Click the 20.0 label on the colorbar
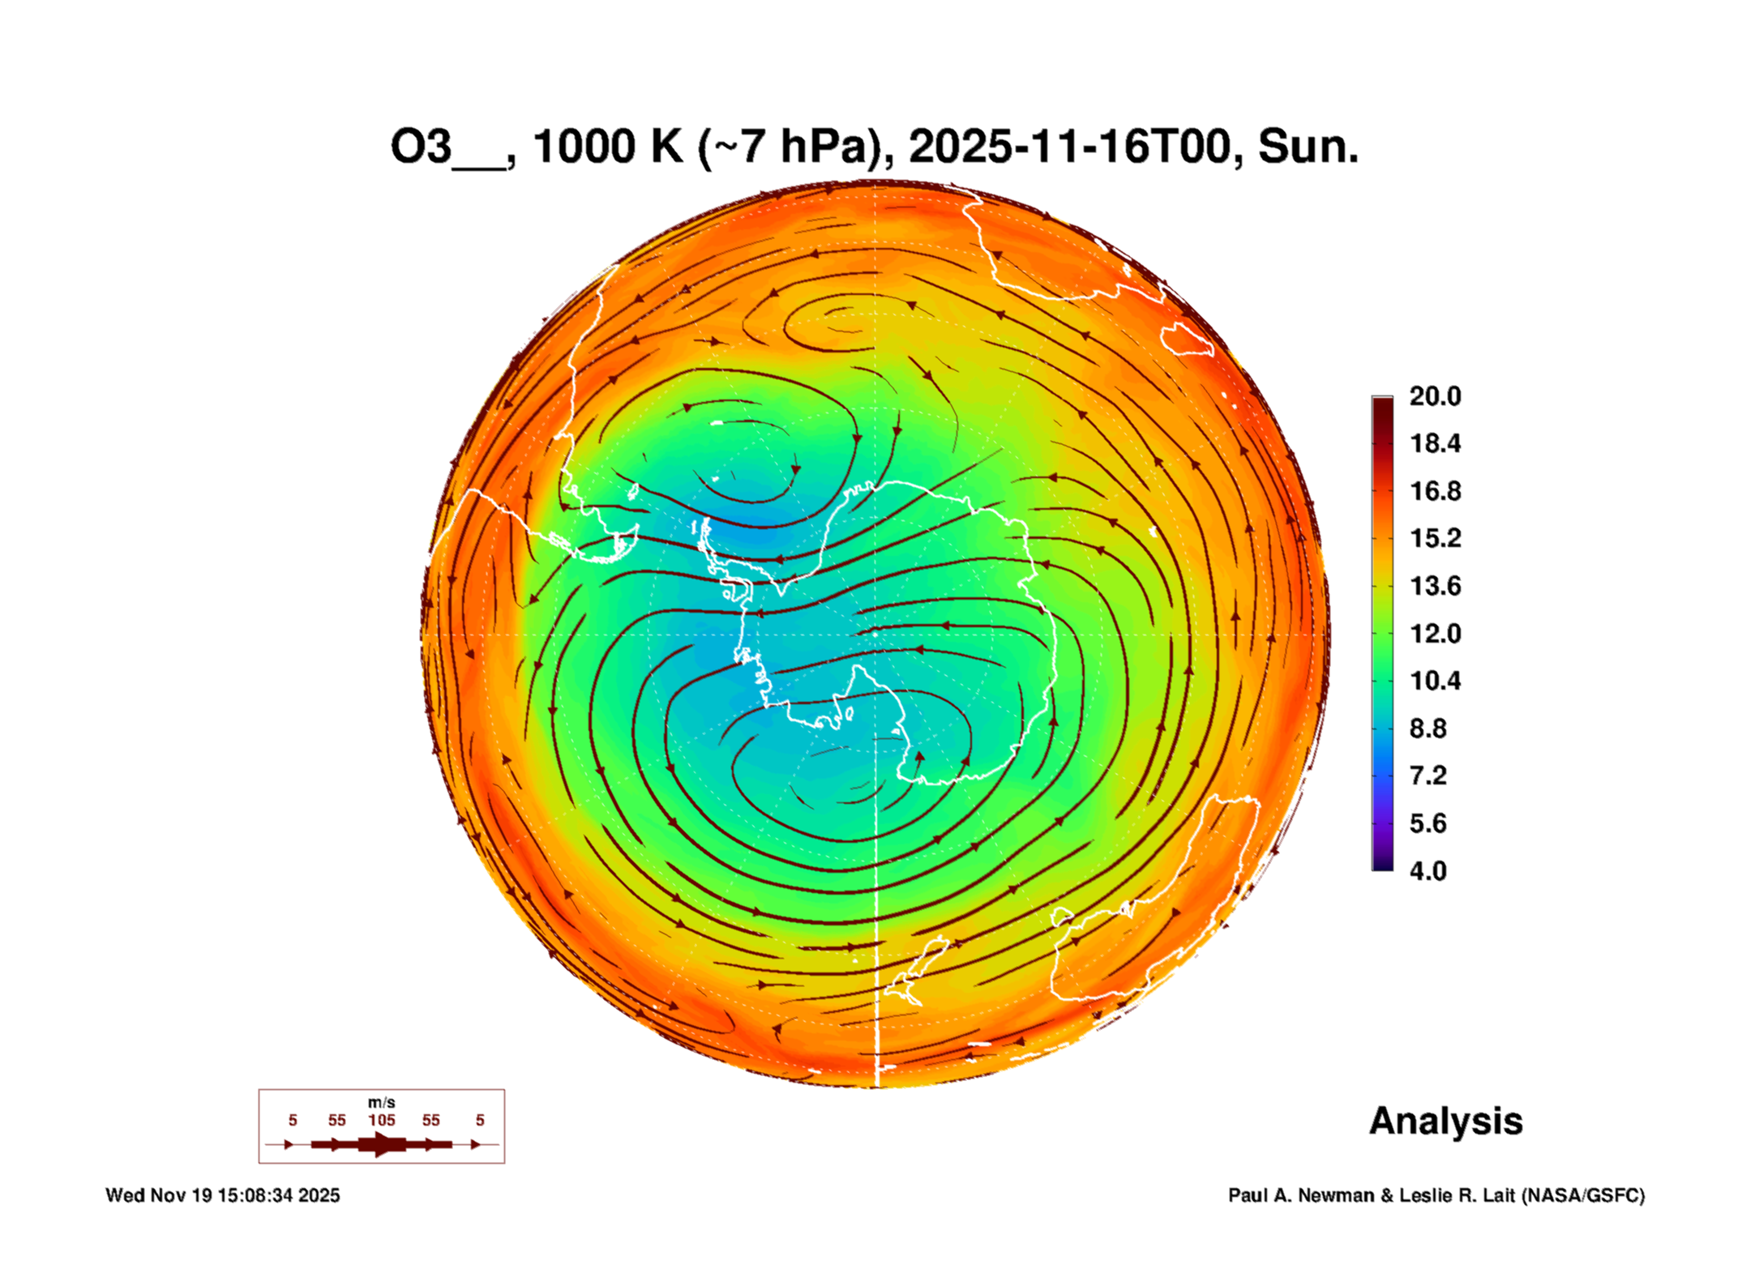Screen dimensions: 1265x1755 [x=1434, y=396]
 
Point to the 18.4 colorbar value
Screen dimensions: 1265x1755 [x=1434, y=443]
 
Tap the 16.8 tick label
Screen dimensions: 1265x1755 [x=1434, y=491]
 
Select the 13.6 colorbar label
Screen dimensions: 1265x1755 [x=1434, y=586]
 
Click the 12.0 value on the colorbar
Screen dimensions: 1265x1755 [x=1434, y=633]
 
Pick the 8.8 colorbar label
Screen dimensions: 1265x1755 [x=1427, y=729]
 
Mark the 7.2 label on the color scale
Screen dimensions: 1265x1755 [x=1427, y=776]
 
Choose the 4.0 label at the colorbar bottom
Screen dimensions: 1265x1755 [x=1427, y=871]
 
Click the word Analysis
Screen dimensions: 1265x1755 [x=1445, y=1122]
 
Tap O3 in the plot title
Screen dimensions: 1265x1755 [x=421, y=147]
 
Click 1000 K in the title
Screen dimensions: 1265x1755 [x=608, y=147]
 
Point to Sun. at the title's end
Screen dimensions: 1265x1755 [x=1308, y=147]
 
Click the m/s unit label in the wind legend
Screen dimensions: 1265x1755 [x=381, y=1103]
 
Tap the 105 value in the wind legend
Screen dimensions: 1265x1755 [x=381, y=1121]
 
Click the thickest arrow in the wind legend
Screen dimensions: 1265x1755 [x=381, y=1144]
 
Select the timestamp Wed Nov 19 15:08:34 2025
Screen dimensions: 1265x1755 [x=223, y=1195]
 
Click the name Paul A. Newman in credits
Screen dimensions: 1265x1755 [x=1302, y=1195]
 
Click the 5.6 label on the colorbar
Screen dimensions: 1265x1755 [x=1427, y=823]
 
